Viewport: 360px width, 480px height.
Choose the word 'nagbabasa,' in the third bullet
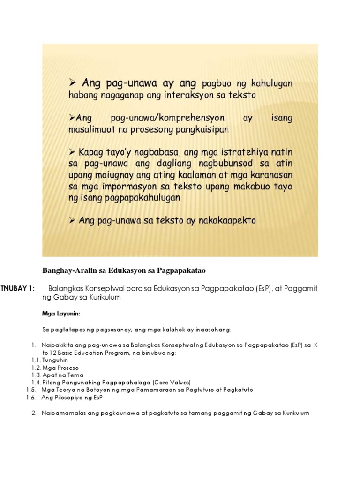tap(160, 153)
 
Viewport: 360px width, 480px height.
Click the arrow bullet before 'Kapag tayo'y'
tap(73, 153)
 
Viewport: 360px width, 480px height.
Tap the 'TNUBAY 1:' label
tap(17, 288)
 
